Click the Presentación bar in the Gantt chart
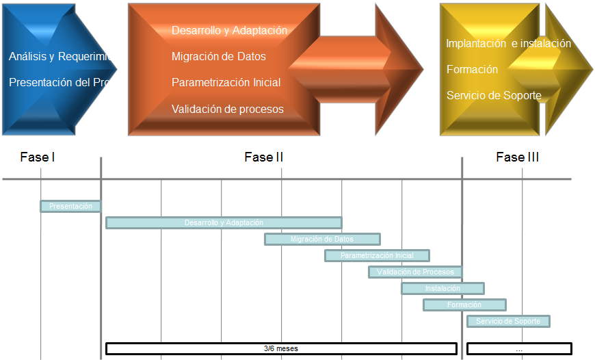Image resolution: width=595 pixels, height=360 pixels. (x=70, y=206)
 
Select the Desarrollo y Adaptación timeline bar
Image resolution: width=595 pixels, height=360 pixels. (x=224, y=222)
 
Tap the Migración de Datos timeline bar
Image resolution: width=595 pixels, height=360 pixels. (x=322, y=239)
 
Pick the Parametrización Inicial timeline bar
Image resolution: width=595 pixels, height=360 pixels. (x=377, y=255)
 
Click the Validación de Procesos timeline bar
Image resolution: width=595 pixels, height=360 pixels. (x=415, y=272)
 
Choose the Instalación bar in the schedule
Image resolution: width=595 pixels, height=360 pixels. (x=442, y=288)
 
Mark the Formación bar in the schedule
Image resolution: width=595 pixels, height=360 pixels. (x=464, y=305)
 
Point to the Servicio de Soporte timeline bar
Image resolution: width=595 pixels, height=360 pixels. (x=508, y=321)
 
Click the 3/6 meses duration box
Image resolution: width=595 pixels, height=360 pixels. (x=281, y=348)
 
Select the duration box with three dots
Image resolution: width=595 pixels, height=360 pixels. (x=519, y=348)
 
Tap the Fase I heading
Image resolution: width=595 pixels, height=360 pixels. (x=38, y=157)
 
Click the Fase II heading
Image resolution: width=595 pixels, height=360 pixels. (x=263, y=157)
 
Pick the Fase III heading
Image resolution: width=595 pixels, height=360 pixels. (x=517, y=157)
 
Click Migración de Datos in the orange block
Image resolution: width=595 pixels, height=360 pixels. (x=219, y=56)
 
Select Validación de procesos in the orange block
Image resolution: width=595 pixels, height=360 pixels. (x=228, y=109)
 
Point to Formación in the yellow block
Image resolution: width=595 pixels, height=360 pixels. (x=472, y=69)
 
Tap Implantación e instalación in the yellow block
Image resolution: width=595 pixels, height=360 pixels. (x=508, y=43)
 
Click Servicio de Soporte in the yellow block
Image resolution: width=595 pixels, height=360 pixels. (x=494, y=95)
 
